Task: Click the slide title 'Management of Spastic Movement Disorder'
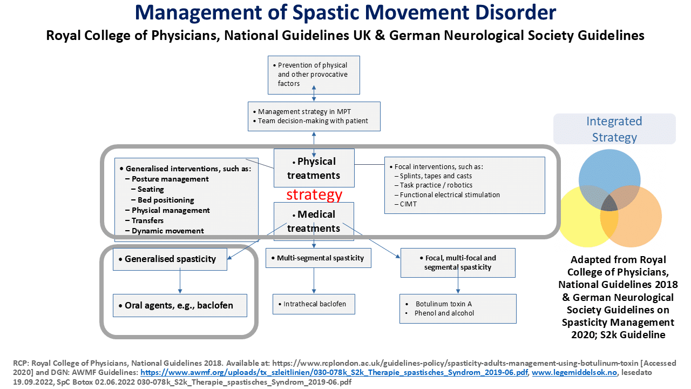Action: point(345,12)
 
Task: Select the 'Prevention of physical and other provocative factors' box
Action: point(314,75)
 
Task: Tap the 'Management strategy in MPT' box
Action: point(314,116)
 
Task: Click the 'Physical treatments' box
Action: point(314,168)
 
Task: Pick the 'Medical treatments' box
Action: point(314,221)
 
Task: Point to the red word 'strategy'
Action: point(314,194)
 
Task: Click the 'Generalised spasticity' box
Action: point(170,259)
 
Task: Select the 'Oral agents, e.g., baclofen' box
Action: point(180,305)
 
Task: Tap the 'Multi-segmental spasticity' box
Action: point(318,258)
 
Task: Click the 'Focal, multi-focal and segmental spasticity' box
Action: point(458,263)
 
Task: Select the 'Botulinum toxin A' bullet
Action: point(443,304)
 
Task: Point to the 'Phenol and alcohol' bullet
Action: point(444,313)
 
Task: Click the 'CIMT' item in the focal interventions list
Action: point(408,204)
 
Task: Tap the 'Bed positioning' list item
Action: point(166,200)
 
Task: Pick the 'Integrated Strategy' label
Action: point(614,129)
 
